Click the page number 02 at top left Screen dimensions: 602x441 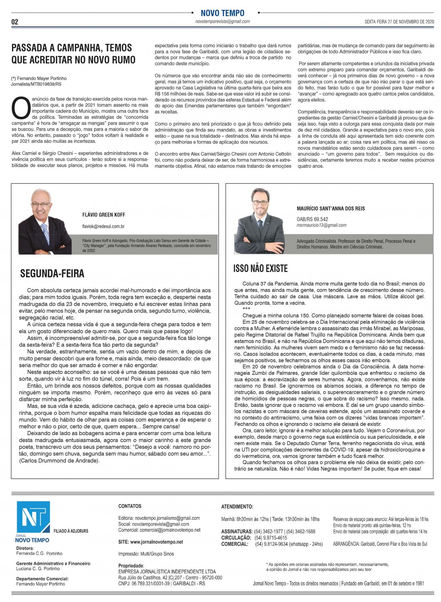(15, 22)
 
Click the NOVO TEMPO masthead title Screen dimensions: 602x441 (223, 13)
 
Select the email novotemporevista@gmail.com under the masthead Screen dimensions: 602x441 (223, 21)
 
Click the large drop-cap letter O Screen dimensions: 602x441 (21, 108)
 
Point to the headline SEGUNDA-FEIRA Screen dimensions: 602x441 (52, 274)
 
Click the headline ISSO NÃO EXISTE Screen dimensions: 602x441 (261, 268)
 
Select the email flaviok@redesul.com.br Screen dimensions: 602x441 (103, 227)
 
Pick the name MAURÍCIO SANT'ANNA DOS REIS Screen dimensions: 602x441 (331, 208)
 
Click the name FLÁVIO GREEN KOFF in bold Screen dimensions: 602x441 (104, 215)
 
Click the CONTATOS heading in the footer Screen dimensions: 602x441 (130, 506)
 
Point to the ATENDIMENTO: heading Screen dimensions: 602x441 (237, 506)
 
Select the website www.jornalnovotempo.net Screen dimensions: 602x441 (150, 542)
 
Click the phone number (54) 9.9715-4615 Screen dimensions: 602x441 (271, 538)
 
